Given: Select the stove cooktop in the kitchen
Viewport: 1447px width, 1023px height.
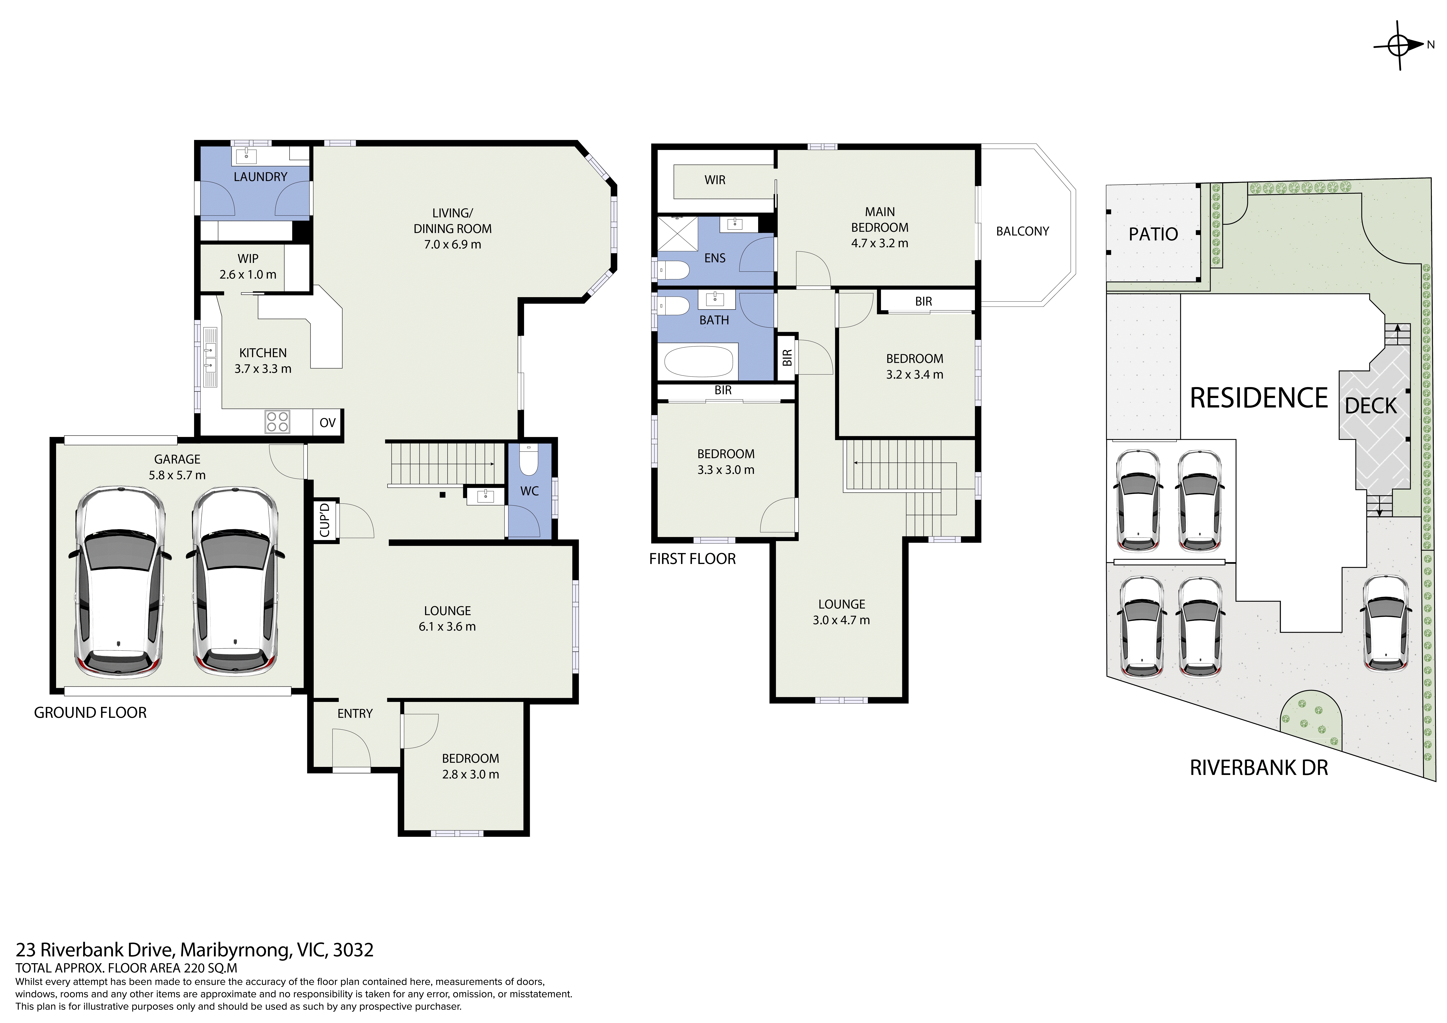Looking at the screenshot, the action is (x=277, y=422).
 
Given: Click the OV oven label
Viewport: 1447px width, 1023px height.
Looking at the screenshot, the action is (x=328, y=422).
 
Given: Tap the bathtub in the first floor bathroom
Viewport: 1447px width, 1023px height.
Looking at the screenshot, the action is (x=698, y=361).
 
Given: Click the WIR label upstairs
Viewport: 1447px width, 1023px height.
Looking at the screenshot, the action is (x=715, y=180).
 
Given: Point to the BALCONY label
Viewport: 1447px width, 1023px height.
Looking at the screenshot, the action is (x=1022, y=231).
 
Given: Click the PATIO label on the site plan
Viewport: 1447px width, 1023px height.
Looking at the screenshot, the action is (x=1153, y=234).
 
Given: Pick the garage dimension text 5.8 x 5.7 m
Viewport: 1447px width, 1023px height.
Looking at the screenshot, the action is (x=177, y=475).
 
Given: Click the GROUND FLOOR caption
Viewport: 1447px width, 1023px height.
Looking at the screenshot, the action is (x=90, y=713).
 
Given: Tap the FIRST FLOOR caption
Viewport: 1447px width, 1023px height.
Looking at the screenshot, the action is (x=693, y=559).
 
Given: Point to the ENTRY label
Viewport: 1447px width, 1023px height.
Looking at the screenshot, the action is (x=355, y=713).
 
